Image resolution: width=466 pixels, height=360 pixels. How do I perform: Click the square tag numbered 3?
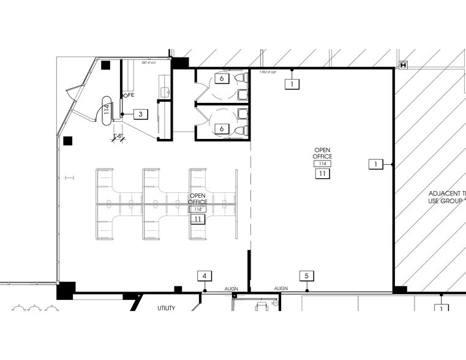pos(141,114)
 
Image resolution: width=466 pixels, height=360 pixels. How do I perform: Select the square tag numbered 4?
pos(205,276)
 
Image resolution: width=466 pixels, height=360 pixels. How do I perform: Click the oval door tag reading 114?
pos(107,110)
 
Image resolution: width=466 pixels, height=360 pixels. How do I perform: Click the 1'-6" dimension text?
pos(117,135)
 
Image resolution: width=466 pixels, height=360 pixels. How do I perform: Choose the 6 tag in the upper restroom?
pos(222,78)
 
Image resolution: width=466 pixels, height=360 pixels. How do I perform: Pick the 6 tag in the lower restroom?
pos(222,129)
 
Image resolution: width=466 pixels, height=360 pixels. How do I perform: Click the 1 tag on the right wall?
pos(375,163)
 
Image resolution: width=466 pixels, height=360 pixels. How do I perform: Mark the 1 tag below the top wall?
pos(293,83)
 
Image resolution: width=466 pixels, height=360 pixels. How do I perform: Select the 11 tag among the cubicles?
pos(198,219)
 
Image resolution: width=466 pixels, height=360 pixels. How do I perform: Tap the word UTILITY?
pos(166,308)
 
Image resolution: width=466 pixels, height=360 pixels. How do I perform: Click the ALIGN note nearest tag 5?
pos(281,288)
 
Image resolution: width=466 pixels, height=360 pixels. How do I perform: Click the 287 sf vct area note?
pos(149,62)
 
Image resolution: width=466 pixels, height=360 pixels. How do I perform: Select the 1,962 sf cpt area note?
pos(268,72)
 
